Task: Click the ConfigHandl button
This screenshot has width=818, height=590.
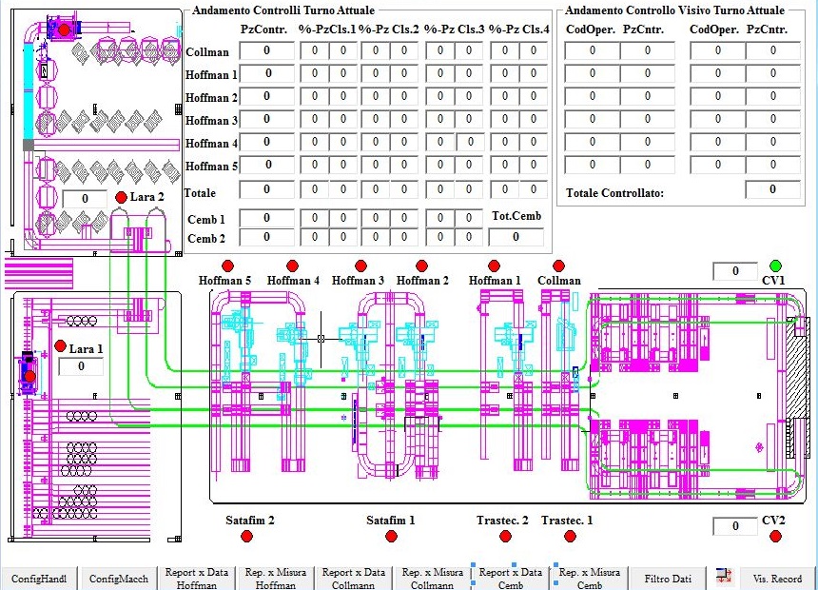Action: pyautogui.click(x=39, y=579)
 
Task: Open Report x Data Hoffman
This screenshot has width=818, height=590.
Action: pyautogui.click(x=197, y=579)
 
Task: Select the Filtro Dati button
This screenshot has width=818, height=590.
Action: pyautogui.click(x=668, y=579)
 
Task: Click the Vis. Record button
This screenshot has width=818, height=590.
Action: pyautogui.click(x=777, y=579)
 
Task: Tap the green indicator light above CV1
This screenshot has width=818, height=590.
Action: pyautogui.click(x=775, y=265)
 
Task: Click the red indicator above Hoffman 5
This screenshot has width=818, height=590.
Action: pyautogui.click(x=227, y=265)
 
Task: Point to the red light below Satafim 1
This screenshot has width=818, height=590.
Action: pyautogui.click(x=390, y=536)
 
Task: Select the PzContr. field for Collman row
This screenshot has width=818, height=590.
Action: pyautogui.click(x=266, y=50)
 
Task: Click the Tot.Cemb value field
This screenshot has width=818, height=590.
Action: pyautogui.click(x=516, y=237)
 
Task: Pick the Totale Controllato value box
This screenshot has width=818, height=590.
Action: pyautogui.click(x=772, y=190)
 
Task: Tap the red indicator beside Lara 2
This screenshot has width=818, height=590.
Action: pyautogui.click(x=121, y=197)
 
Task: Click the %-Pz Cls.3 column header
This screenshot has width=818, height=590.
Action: pyautogui.click(x=454, y=29)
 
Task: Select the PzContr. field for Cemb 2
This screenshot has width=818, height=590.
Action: pyautogui.click(x=266, y=238)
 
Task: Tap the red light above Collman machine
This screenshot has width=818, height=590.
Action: pyautogui.click(x=558, y=265)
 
